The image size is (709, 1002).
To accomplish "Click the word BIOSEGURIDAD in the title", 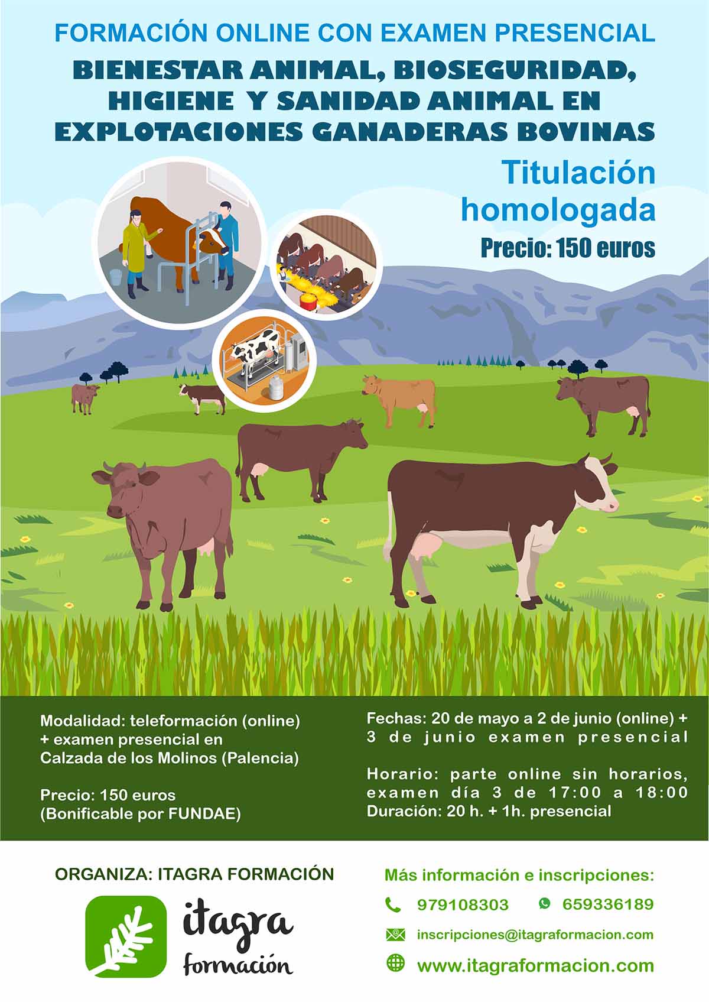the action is pyautogui.click(x=515, y=71).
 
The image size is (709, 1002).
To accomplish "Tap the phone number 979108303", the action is pyautogui.click(x=463, y=905).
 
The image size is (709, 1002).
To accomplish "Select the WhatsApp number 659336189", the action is pyautogui.click(x=608, y=904).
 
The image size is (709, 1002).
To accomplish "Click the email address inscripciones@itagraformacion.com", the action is pyautogui.click(x=535, y=935).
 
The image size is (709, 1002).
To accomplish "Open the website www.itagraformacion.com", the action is pyautogui.click(x=535, y=966).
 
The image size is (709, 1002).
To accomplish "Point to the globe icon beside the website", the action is pyautogui.click(x=395, y=962).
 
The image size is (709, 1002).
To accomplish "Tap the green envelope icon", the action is pyautogui.click(x=395, y=935).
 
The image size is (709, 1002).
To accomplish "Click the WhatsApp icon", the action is pyautogui.click(x=545, y=903).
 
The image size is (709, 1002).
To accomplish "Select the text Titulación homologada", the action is pyautogui.click(x=558, y=191).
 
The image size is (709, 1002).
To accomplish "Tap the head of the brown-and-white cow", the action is pyautogui.click(x=596, y=483).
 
